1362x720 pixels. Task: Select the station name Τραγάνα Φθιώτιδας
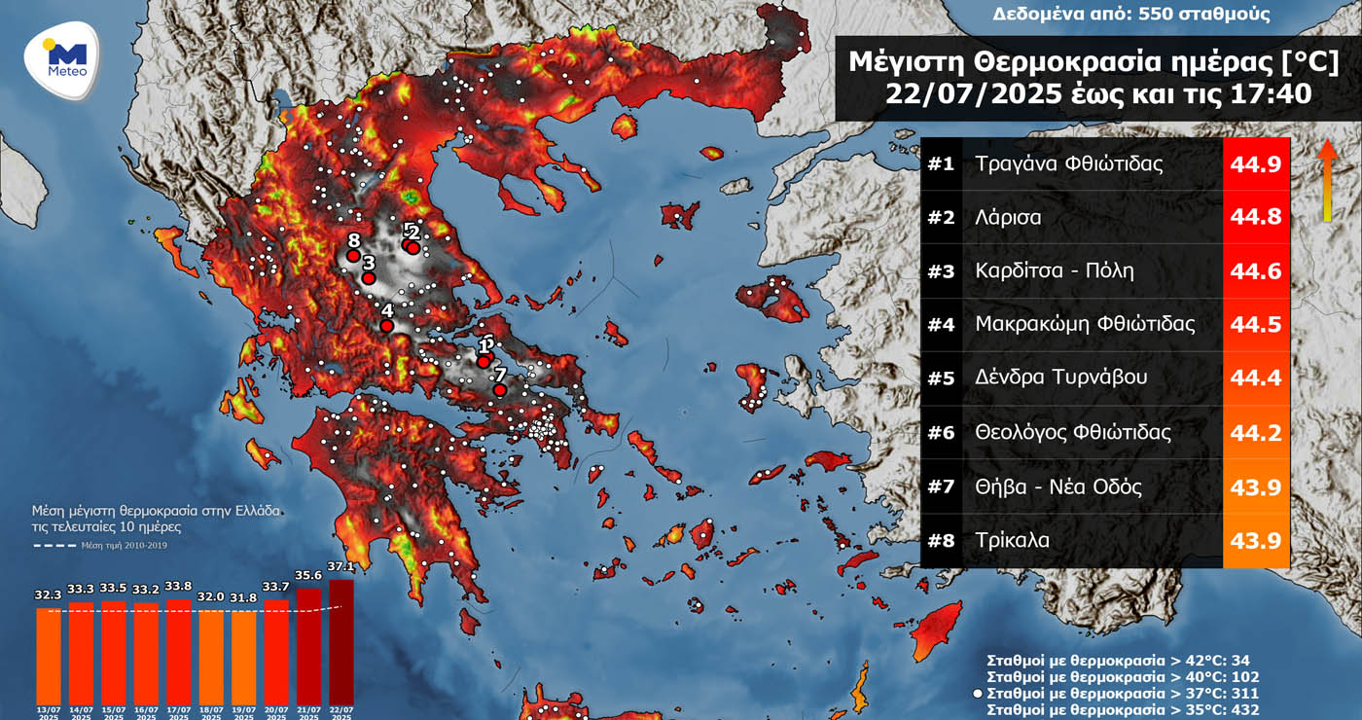1068,163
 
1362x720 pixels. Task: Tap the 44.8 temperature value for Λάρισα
1256,217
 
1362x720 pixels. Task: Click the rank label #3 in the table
941,271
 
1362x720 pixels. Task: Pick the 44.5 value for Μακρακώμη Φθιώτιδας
1256,324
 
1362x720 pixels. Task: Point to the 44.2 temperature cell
1256,432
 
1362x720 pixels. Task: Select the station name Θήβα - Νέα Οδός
1058,486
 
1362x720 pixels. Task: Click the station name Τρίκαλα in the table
1012,540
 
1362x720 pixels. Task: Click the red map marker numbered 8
353,256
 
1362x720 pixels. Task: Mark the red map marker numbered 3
369,278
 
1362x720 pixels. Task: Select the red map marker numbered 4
386,326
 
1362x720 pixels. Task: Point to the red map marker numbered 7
499,389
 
